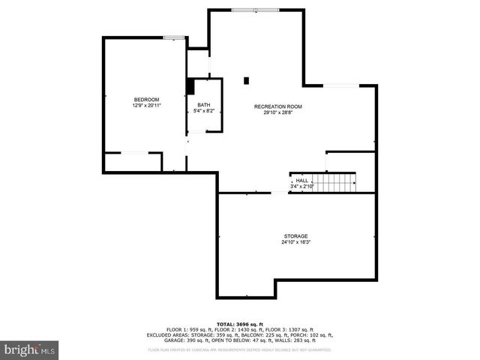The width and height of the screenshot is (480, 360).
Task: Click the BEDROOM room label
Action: pos(146,100)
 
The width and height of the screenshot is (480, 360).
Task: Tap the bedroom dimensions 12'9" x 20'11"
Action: pos(146,106)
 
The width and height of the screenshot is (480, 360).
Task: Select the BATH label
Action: pos(204,105)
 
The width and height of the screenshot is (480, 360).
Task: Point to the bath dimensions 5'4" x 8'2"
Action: pos(204,112)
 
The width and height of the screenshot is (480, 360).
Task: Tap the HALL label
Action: pos(301,180)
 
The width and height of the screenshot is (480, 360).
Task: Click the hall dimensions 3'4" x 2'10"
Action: pos(301,186)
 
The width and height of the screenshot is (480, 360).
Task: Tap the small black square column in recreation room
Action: pos(246,79)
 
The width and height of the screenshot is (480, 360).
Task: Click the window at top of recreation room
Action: pos(255,10)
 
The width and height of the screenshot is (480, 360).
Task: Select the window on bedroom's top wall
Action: pos(174,37)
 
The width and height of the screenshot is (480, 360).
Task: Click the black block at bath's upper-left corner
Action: pos(190,87)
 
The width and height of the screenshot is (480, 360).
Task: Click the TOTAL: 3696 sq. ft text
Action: pos(240,322)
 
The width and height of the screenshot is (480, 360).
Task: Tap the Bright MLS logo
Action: pos(30,349)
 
